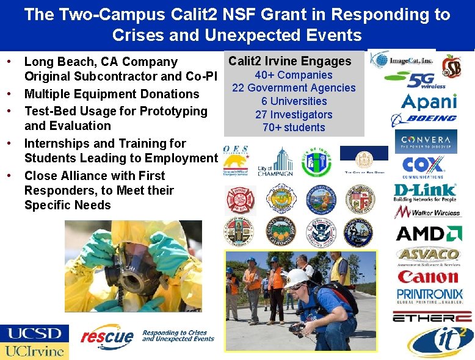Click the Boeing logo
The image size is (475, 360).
click(424, 118)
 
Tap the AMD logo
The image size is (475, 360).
click(429, 234)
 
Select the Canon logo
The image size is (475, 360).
click(428, 277)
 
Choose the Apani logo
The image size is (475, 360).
click(429, 100)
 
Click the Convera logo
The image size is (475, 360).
click(426, 142)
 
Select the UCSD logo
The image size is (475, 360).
click(34, 334)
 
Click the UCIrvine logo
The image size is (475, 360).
click(34, 351)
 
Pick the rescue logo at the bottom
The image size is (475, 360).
click(107, 335)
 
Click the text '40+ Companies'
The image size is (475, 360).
click(294, 75)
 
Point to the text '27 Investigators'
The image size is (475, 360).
click(294, 115)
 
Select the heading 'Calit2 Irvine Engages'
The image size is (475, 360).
click(290, 61)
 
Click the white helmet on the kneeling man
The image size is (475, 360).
click(297, 278)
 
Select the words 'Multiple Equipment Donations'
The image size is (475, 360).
click(112, 94)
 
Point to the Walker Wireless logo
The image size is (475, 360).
click(427, 213)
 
